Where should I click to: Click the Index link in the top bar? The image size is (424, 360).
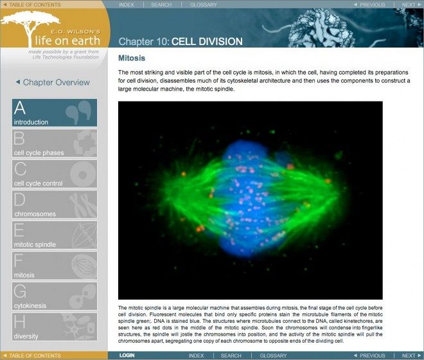(x=127, y=4)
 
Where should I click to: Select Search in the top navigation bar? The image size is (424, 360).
(x=161, y=4)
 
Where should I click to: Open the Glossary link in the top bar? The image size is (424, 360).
(x=203, y=4)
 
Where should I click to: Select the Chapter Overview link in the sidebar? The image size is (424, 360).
(x=53, y=82)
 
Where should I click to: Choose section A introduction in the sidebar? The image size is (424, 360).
(x=55, y=113)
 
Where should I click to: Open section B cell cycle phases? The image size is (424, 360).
(x=55, y=143)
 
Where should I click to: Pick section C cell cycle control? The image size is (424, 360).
(x=55, y=174)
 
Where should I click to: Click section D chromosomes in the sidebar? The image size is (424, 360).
(x=55, y=205)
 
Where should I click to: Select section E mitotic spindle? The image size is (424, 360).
(x=55, y=235)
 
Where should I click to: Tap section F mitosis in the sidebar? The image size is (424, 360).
(x=55, y=266)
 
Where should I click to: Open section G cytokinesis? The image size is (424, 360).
(x=55, y=296)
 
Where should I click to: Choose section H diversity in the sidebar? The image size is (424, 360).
(x=55, y=327)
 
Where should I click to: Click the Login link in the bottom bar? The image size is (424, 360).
(x=127, y=355)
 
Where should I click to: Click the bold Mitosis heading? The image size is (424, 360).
(x=132, y=58)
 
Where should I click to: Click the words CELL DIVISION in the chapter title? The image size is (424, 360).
(x=207, y=42)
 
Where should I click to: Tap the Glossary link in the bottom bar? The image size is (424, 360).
(x=273, y=355)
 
